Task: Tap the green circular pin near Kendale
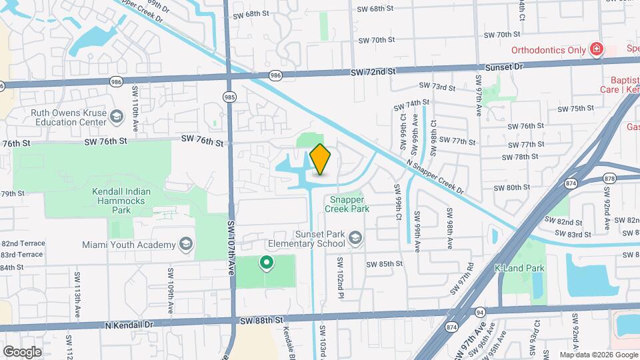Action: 267,263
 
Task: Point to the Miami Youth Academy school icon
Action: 185,245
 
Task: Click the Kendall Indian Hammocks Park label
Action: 121,199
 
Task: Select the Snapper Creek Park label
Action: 347,204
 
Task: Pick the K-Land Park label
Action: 519,269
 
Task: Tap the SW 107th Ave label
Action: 231,247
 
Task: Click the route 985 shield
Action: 229,97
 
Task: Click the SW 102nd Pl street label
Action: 340,276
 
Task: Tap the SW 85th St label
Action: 383,263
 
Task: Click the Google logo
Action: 22,351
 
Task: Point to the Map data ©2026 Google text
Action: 598,355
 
